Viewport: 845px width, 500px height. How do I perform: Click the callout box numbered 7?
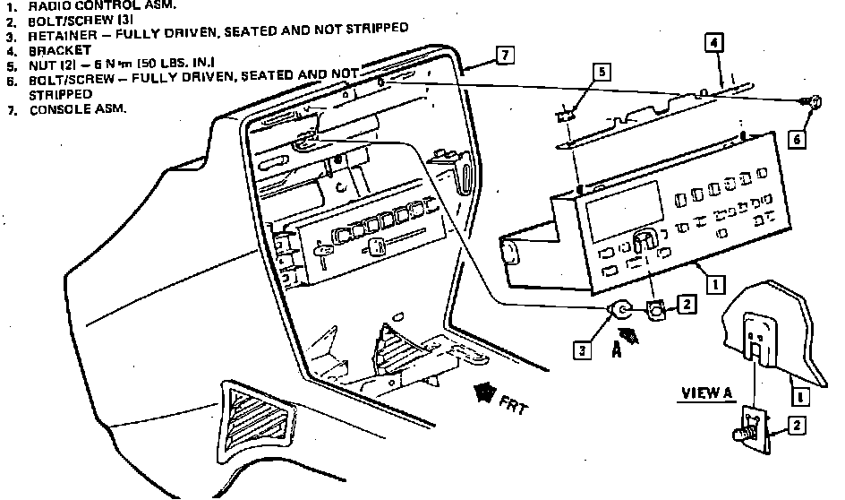pyautogui.click(x=505, y=56)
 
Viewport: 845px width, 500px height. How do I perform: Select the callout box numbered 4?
pyautogui.click(x=713, y=42)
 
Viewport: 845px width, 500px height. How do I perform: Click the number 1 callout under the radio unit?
pyautogui.click(x=714, y=285)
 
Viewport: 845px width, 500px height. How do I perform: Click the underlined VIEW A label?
pyautogui.click(x=707, y=392)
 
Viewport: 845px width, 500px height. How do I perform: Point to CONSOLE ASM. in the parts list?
pyautogui.click(x=78, y=109)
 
